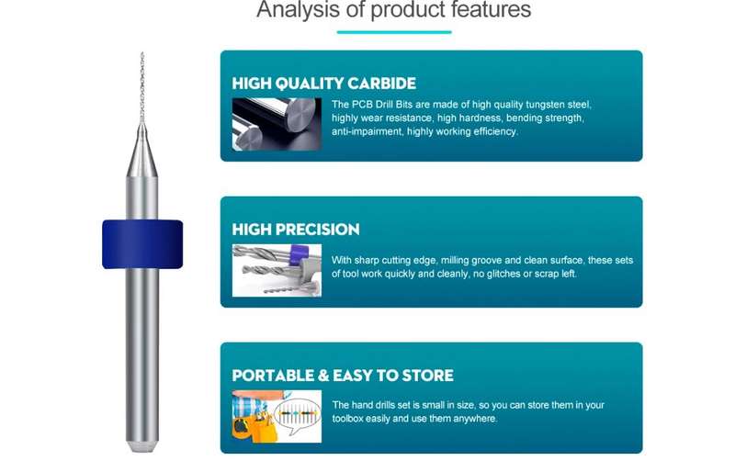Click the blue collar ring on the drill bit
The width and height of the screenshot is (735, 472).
coord(142,244)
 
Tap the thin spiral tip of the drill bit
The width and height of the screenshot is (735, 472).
coord(142,87)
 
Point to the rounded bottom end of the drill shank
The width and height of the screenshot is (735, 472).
coord(142,445)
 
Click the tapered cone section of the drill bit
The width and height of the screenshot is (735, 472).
coord(142,150)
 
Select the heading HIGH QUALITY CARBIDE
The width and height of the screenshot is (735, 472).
coord(324,84)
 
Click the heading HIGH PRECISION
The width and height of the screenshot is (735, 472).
coord(296,230)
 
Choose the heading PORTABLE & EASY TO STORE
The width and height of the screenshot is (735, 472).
coord(343,376)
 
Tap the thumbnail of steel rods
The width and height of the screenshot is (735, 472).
coord(277,124)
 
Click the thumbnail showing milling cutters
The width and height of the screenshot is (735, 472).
coord(277,271)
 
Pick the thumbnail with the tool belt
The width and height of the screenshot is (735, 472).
coord(277,416)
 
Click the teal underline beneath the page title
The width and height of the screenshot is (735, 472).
coord(394,32)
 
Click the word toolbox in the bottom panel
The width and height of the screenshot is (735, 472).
coord(348,419)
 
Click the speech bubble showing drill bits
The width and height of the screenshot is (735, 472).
coord(298,415)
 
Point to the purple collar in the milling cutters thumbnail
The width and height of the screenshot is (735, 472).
coord(297,254)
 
